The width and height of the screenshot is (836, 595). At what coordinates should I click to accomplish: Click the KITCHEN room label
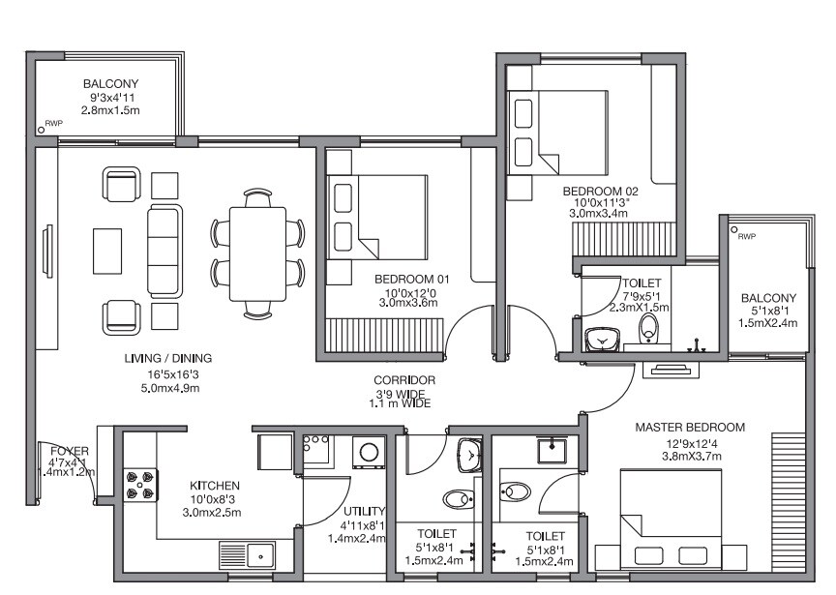point(215,486)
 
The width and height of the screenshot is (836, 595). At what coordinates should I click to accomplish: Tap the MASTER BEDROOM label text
point(689,427)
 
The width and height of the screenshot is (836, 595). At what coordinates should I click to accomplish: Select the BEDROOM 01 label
point(405,279)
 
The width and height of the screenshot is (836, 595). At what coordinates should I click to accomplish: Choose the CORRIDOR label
point(403,380)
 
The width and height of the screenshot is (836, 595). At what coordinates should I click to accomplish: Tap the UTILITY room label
point(364,512)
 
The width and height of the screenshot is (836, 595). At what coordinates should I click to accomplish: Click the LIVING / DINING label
point(168,358)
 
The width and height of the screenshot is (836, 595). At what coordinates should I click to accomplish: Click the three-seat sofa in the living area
point(164,252)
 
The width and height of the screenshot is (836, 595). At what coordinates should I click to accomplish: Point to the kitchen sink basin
point(259,555)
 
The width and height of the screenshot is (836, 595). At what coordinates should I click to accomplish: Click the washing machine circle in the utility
point(369,450)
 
